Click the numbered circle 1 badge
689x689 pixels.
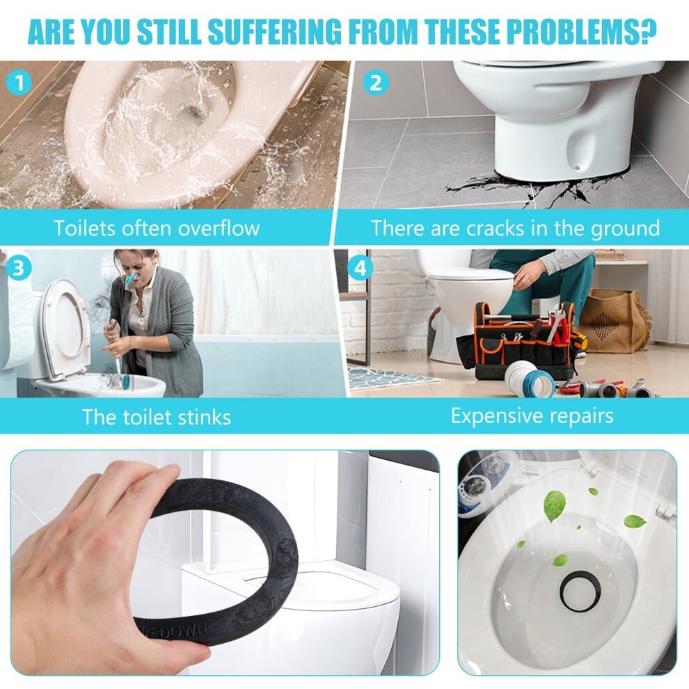coord(19,83)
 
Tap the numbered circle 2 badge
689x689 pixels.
coord(376,83)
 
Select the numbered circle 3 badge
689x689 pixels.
coord(19,268)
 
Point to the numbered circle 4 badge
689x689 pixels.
coord(361,268)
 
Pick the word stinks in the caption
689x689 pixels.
coord(205,417)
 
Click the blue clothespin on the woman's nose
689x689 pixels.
coord(132,278)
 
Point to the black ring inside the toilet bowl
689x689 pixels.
coord(581,592)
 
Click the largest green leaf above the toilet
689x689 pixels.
coord(555,506)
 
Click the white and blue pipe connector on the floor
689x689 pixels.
coord(530,379)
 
